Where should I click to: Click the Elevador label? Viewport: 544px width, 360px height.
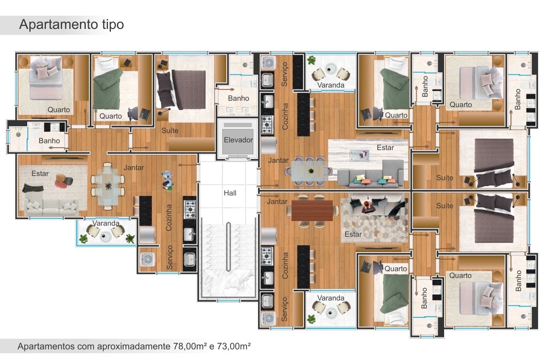tap(238, 140)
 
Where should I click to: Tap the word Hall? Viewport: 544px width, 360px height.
tap(230, 193)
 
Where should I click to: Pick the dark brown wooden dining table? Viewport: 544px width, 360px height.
tap(312, 211)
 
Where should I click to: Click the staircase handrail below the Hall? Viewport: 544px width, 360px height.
tap(228, 247)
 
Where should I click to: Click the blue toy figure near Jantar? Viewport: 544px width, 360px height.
tap(167, 180)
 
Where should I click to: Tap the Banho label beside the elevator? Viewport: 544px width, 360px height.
tap(238, 98)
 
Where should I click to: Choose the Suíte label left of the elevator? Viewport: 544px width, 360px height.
tap(170, 130)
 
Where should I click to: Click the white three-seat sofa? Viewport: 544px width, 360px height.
tap(51, 207)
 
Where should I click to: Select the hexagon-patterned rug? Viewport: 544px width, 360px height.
tap(375, 220)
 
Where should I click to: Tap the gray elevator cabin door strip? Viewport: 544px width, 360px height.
tap(238, 125)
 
